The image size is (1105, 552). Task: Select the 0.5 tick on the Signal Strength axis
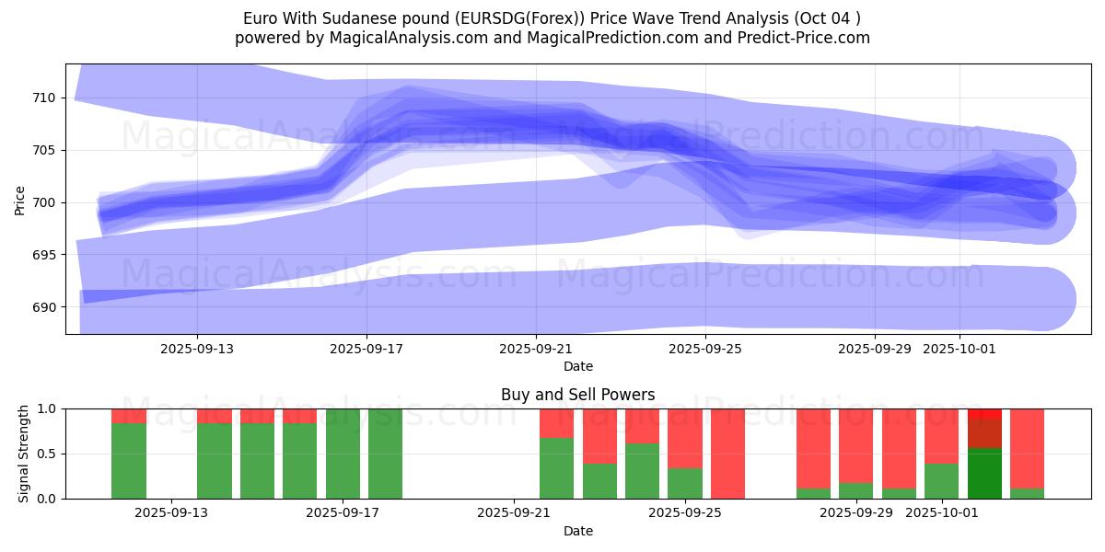[x=45, y=454]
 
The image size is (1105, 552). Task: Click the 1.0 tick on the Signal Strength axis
[x=45, y=408]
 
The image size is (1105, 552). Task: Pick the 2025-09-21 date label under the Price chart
[x=536, y=349]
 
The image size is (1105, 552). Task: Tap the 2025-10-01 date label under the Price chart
[x=960, y=349]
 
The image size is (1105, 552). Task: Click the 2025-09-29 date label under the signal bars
[x=855, y=513]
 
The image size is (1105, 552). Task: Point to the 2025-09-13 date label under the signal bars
[x=171, y=513]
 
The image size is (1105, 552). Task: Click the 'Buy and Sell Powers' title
[x=577, y=395]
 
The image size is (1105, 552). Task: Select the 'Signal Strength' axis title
[x=24, y=454]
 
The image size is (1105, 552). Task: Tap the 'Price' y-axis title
[x=20, y=200]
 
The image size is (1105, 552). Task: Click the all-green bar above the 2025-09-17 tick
[x=343, y=454]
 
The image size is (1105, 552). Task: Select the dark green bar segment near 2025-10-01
[x=984, y=473]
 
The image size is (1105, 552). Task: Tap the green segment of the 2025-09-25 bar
[x=684, y=483]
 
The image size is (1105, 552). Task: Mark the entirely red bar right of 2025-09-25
[x=727, y=454]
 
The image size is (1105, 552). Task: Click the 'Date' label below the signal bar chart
[x=577, y=531]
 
